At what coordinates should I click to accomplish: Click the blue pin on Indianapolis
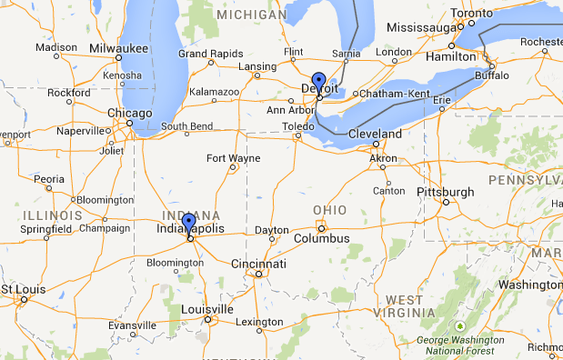188,223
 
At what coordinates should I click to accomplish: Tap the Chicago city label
129,113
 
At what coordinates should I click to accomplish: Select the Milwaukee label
119,47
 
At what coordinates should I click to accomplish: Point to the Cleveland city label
375,134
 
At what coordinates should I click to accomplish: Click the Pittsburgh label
445,192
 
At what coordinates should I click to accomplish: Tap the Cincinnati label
258,264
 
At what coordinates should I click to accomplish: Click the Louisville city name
207,309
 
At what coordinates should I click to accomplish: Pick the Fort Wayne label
233,158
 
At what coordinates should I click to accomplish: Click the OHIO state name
330,210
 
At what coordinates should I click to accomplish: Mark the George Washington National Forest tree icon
461,325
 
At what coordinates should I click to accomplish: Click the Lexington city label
258,322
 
